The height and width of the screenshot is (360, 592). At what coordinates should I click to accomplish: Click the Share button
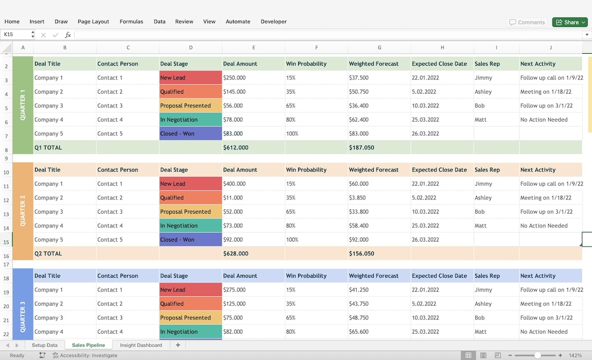570,22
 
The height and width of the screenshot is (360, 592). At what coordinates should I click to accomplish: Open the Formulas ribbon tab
131,22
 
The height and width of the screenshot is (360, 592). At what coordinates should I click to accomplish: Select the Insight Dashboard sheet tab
141,345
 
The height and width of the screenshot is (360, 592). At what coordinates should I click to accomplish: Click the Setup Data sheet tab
44,345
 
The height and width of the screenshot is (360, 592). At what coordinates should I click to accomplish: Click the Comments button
526,22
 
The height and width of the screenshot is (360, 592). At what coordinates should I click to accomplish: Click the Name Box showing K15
15,35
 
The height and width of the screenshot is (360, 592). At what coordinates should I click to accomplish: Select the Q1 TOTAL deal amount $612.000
236,147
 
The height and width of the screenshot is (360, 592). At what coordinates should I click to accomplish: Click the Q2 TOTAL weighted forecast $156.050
361,254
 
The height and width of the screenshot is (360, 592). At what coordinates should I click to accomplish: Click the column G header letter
379,48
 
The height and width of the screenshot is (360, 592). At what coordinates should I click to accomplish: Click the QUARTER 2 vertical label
22,211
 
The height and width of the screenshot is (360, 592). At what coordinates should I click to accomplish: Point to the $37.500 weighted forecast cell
358,78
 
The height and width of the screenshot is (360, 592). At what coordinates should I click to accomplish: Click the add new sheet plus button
178,345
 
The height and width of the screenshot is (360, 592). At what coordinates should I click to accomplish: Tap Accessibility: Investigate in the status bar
85,356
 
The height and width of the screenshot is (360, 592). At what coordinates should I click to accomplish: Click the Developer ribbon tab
274,22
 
